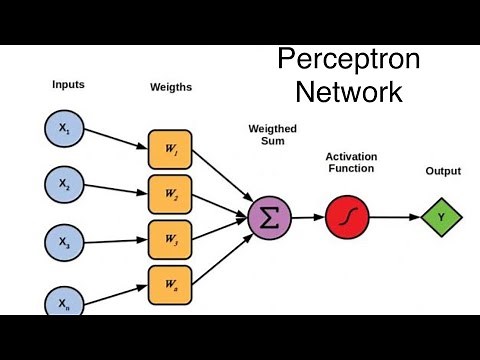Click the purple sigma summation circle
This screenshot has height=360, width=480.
pyautogui.click(x=269, y=217)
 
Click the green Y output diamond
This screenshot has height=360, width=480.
pyautogui.click(x=442, y=216)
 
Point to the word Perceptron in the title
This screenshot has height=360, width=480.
pyautogui.click(x=348, y=60)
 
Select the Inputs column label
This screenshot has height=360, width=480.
pyautogui.click(x=68, y=85)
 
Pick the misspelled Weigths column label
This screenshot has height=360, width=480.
pyautogui.click(x=170, y=87)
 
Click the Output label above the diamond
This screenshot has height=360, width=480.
pyautogui.click(x=443, y=171)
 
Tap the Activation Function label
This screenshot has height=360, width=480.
pyautogui.click(x=350, y=162)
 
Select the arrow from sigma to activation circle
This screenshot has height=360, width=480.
pyautogui.click(x=307, y=217)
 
